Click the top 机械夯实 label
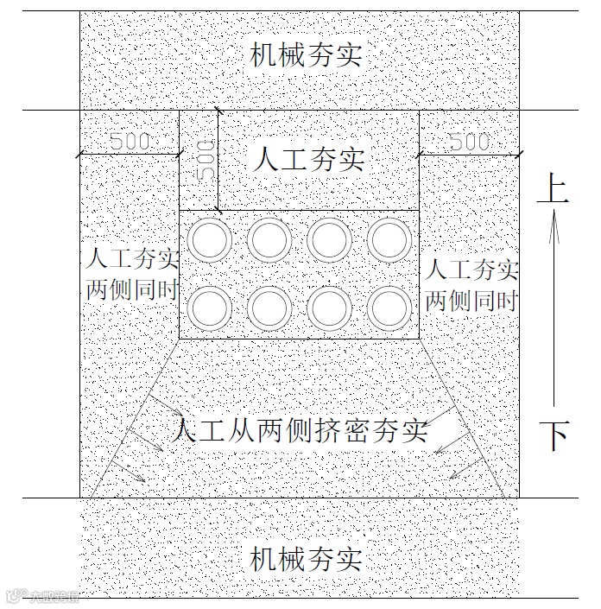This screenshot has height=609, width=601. click(x=306, y=57)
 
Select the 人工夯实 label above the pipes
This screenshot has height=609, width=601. click(x=310, y=160)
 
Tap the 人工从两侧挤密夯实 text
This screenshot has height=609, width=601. click(x=300, y=430)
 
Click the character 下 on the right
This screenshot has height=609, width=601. click(x=554, y=436)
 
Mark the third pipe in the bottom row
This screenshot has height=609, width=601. click(x=327, y=307)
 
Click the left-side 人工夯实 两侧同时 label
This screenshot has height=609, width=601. click(x=132, y=274)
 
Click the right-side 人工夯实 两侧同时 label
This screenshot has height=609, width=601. click(x=471, y=284)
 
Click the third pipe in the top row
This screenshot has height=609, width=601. click(x=327, y=240)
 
